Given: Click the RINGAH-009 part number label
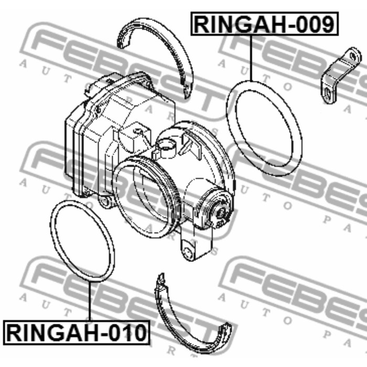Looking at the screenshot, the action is (264, 24).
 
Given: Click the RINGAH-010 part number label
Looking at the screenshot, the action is (77, 332).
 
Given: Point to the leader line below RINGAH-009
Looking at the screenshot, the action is (252, 58).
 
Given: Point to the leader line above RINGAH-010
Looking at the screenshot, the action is (90, 301).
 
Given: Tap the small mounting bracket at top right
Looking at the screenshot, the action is (341, 75).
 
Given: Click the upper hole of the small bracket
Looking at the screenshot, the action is (353, 56).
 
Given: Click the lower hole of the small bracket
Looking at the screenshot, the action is (328, 93).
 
